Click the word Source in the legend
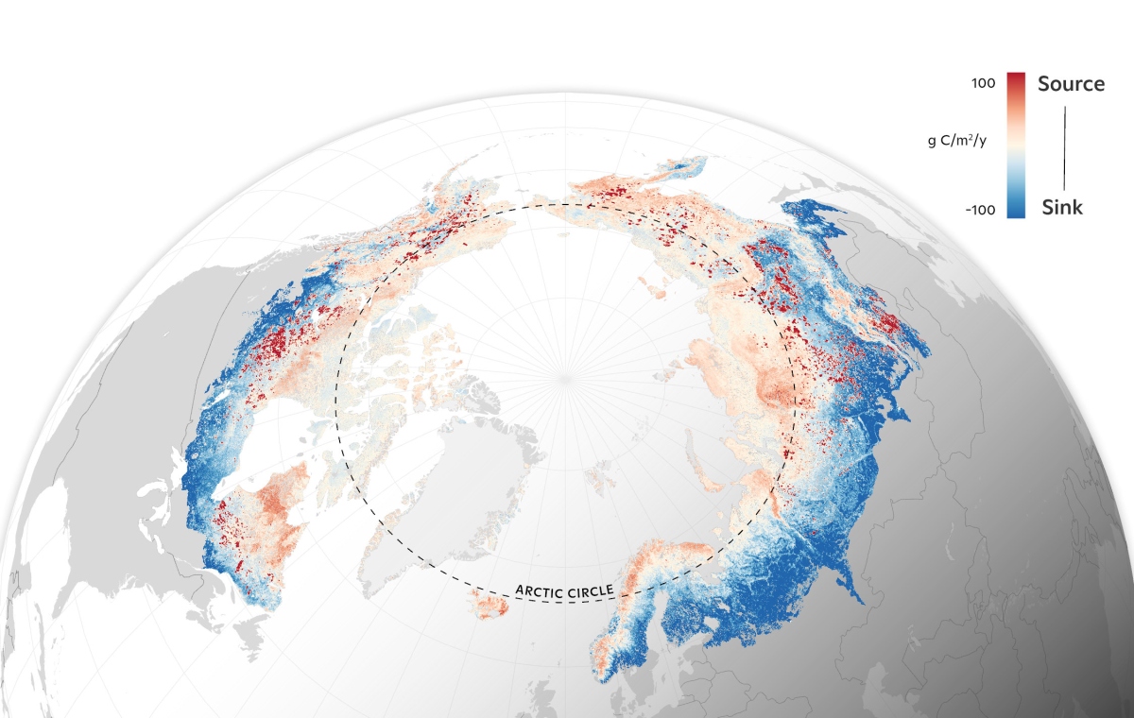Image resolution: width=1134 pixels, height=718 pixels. pyautogui.click(x=1071, y=83)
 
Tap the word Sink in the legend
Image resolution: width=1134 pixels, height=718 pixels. pyautogui.click(x=1061, y=208)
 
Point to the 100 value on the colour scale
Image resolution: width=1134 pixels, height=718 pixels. pyautogui.click(x=983, y=83)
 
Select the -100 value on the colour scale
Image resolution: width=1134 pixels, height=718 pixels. pyautogui.click(x=980, y=209)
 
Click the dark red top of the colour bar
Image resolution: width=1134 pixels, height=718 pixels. pyautogui.click(x=1016, y=79)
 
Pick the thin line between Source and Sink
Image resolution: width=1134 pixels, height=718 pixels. pyautogui.click(x=1065, y=146)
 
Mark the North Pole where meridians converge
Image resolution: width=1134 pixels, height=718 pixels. pyautogui.click(x=565, y=378)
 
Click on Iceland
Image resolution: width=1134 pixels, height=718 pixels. pyautogui.click(x=490, y=607)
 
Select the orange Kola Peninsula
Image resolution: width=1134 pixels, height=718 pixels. pyautogui.click(x=673, y=557)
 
